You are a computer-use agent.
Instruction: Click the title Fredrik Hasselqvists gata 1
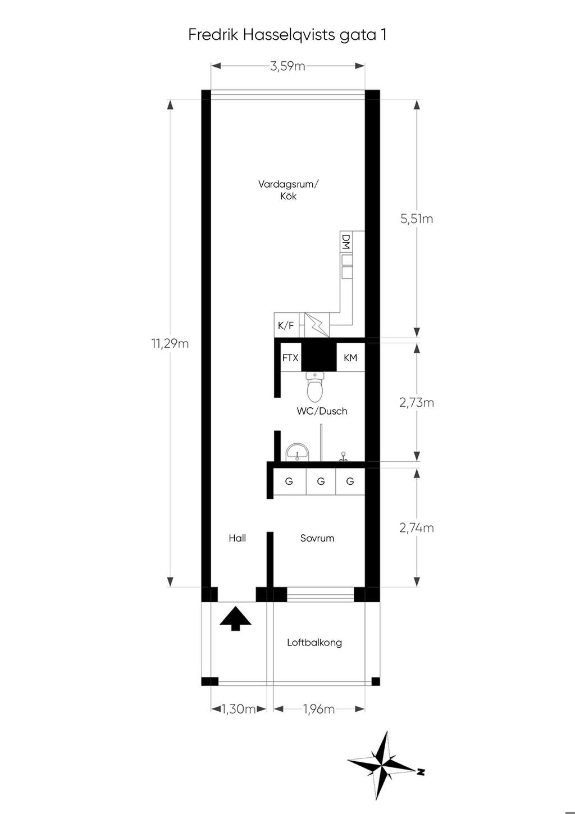click(287, 35)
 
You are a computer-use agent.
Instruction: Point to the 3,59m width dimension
click(287, 66)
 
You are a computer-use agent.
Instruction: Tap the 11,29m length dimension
click(170, 343)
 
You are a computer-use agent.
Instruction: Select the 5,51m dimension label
click(417, 219)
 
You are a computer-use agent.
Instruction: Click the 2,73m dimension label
click(417, 403)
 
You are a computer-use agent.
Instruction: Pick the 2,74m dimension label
click(417, 527)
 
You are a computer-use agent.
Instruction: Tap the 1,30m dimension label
click(239, 708)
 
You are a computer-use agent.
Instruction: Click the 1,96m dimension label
click(319, 708)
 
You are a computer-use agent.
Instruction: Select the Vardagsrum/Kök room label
click(289, 190)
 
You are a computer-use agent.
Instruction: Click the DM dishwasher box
click(346, 242)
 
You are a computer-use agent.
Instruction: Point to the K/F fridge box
click(286, 325)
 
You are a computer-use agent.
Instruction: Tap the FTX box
click(290, 358)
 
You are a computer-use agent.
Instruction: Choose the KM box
click(350, 358)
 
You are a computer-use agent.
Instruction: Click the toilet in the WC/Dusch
click(315, 386)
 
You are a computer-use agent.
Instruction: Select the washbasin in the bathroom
click(298, 452)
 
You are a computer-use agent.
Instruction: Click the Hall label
click(237, 538)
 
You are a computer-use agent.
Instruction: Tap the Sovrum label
click(317, 538)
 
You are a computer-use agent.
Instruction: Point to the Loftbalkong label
click(314, 643)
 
